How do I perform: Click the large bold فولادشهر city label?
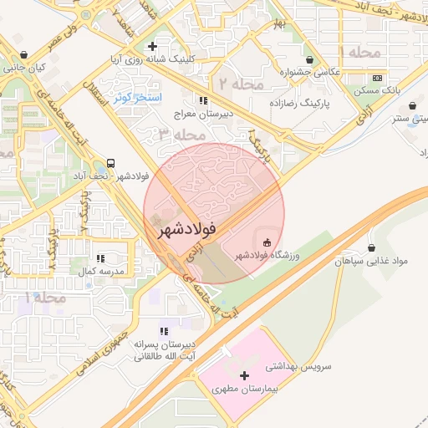[186, 227]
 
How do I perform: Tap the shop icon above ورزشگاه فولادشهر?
[267, 243]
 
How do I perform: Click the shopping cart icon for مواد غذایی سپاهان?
[371, 248]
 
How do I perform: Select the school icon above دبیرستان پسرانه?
[162, 331]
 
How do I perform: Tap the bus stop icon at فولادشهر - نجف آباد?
[112, 164]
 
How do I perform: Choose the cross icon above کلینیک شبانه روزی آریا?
[151, 47]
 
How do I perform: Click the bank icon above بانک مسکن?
[377, 76]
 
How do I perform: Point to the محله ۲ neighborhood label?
[242, 83]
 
